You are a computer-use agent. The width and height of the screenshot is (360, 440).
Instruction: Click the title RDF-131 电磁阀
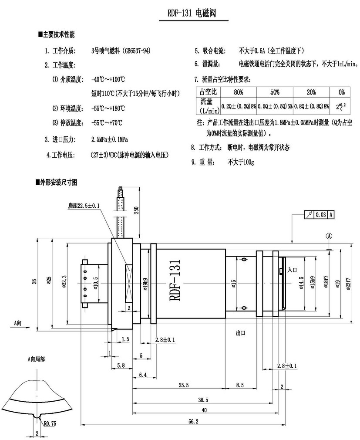click(192, 14)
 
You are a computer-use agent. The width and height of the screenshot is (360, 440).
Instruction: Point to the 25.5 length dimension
click(184, 385)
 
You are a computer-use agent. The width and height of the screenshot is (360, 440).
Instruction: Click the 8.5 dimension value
click(240, 385)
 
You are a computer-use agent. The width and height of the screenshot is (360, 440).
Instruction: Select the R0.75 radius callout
click(49, 422)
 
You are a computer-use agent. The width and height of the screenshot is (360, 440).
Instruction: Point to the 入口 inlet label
click(292, 270)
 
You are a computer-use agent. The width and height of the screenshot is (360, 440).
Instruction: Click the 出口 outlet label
click(241, 332)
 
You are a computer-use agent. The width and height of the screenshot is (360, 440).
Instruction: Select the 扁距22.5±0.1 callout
click(84, 205)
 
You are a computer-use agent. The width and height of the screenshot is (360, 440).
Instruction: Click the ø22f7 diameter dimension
click(348, 284)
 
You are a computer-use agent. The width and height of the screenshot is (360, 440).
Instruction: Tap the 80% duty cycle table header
click(238, 92)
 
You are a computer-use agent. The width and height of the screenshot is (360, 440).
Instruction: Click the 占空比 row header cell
click(208, 92)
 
